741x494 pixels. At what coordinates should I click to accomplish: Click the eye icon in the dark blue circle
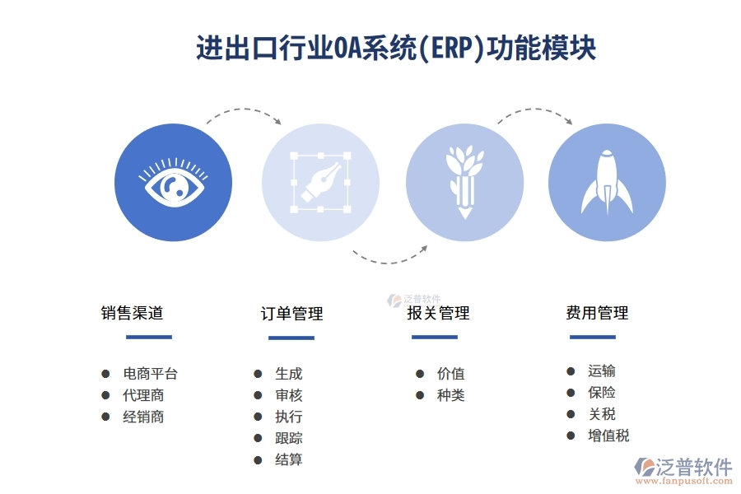click(x=173, y=183)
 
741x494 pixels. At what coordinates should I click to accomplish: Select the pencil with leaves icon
click(x=464, y=183)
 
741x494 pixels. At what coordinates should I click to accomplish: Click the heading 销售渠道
click(x=133, y=313)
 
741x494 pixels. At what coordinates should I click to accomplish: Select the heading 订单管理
click(x=291, y=314)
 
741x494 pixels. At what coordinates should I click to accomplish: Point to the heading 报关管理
click(x=438, y=313)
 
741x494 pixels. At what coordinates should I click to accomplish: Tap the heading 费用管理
click(x=597, y=313)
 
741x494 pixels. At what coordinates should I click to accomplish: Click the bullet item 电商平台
click(x=150, y=374)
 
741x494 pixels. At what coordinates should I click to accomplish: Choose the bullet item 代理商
click(x=143, y=395)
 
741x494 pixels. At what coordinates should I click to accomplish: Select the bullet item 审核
click(x=288, y=395)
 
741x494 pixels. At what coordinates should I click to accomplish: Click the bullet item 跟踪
click(x=288, y=438)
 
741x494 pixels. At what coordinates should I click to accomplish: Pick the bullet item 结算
click(x=288, y=459)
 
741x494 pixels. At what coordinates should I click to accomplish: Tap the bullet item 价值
click(x=450, y=374)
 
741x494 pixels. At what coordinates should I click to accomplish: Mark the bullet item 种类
click(x=450, y=395)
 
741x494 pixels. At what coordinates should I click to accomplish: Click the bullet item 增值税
click(x=608, y=436)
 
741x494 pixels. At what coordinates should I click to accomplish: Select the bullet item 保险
click(x=601, y=393)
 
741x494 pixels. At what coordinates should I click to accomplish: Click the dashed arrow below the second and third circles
click(x=391, y=256)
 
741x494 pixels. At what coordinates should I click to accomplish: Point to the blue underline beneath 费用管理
click(x=592, y=337)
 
